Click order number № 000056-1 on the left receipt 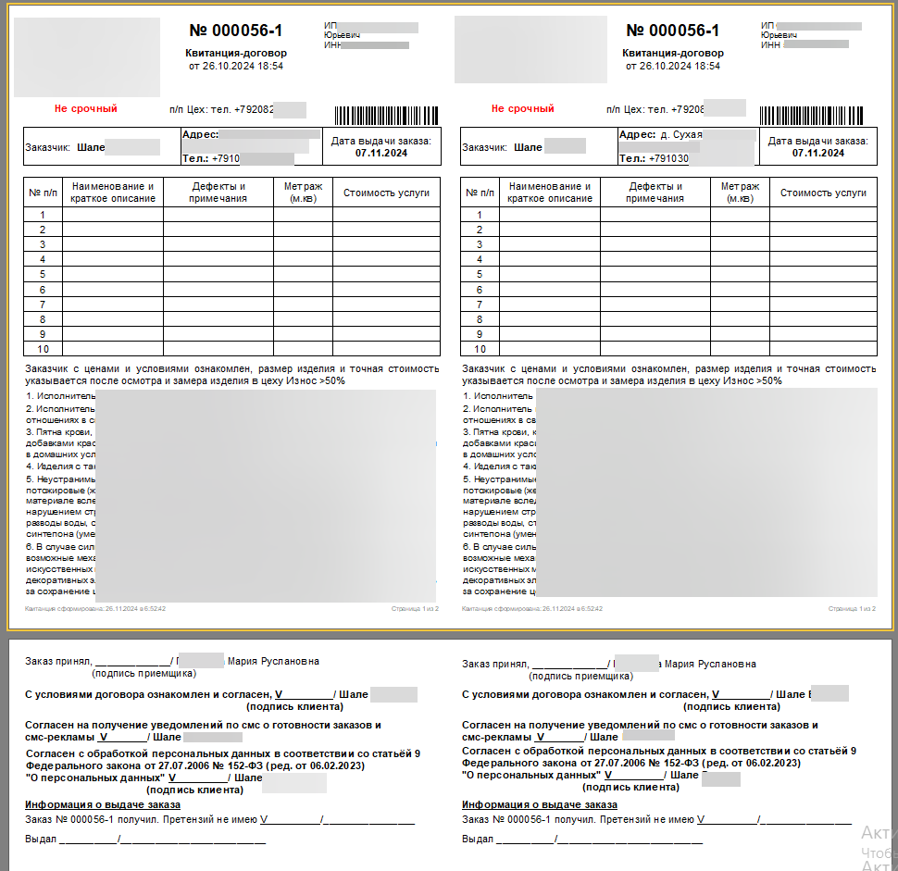(236, 31)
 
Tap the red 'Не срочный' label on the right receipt (522, 108)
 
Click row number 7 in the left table (43, 304)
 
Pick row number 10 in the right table (480, 349)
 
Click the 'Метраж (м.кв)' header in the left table (303, 193)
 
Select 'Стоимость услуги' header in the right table (823, 193)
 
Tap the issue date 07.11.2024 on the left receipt (381, 153)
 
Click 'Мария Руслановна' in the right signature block (710, 664)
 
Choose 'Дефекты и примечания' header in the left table (218, 193)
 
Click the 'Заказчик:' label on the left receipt (49, 147)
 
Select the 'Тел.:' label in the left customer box (195, 158)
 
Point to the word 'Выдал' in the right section (477, 839)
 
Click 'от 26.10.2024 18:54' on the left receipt (235, 67)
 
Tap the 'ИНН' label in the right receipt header (769, 44)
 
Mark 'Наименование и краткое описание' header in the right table (550, 193)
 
